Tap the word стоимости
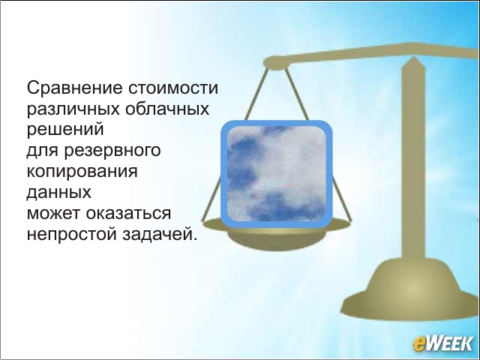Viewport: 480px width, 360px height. click(x=173, y=88)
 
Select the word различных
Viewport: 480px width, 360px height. click(x=73, y=110)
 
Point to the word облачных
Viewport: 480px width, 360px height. click(x=166, y=109)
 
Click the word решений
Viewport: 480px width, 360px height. click(x=65, y=130)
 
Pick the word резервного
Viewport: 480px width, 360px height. click(x=112, y=151)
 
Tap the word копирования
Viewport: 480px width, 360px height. click(x=82, y=172)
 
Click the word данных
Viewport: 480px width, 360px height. click(x=58, y=193)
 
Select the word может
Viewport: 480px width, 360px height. click(x=54, y=213)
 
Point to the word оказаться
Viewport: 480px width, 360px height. click(x=128, y=213)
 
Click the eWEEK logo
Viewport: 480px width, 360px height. click(x=443, y=343)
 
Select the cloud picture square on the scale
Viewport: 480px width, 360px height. click(x=277, y=174)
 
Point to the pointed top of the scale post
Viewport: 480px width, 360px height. click(x=413, y=58)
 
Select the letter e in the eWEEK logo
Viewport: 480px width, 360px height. click(x=419, y=344)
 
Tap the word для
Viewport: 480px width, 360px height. click(x=43, y=151)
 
